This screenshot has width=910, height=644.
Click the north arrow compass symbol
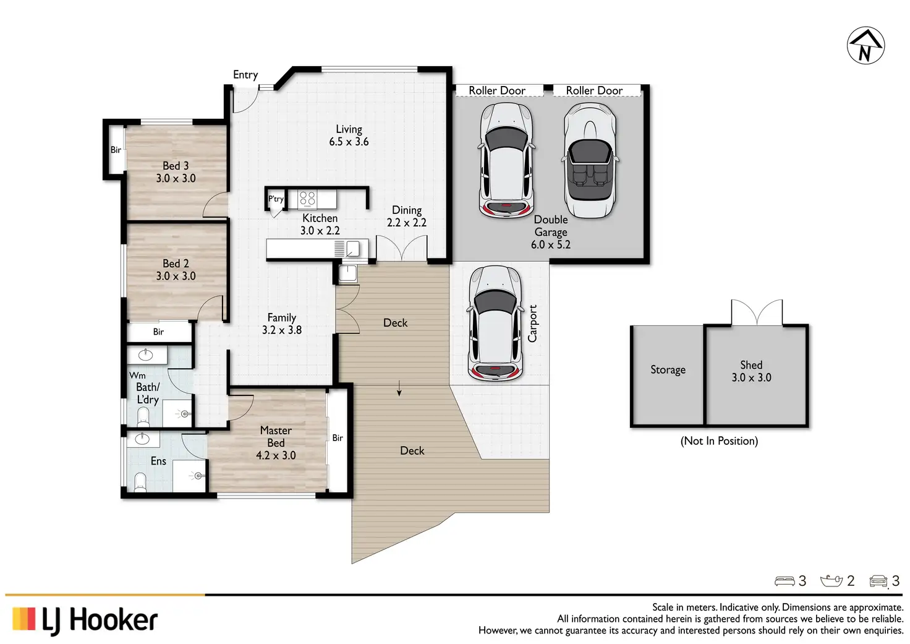tap(865, 46)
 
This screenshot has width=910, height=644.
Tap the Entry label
tap(245, 75)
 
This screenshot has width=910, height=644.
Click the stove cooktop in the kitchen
tap(307, 200)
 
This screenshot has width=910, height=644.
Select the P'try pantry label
tap(276, 199)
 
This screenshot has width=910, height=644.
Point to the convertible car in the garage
tap(590, 160)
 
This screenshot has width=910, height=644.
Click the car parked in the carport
tap(495, 324)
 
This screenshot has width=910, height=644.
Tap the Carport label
tap(532, 324)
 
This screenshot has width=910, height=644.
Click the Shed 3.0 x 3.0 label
tap(752, 371)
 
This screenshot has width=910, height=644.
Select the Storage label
tap(668, 369)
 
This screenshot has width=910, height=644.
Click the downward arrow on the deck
tap(399, 388)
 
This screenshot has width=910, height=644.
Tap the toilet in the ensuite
tap(140, 482)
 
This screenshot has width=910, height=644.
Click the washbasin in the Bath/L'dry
tap(145, 355)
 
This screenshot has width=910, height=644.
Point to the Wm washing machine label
tap(137, 376)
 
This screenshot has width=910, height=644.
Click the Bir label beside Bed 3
tap(116, 150)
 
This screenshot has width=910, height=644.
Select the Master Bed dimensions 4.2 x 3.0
tap(276, 455)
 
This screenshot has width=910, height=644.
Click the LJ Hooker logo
tap(85, 622)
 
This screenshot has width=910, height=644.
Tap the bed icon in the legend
tap(785, 581)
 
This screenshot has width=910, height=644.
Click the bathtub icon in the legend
tap(831, 581)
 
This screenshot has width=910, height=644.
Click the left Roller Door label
tap(497, 90)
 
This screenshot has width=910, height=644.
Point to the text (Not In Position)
tap(719, 441)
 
